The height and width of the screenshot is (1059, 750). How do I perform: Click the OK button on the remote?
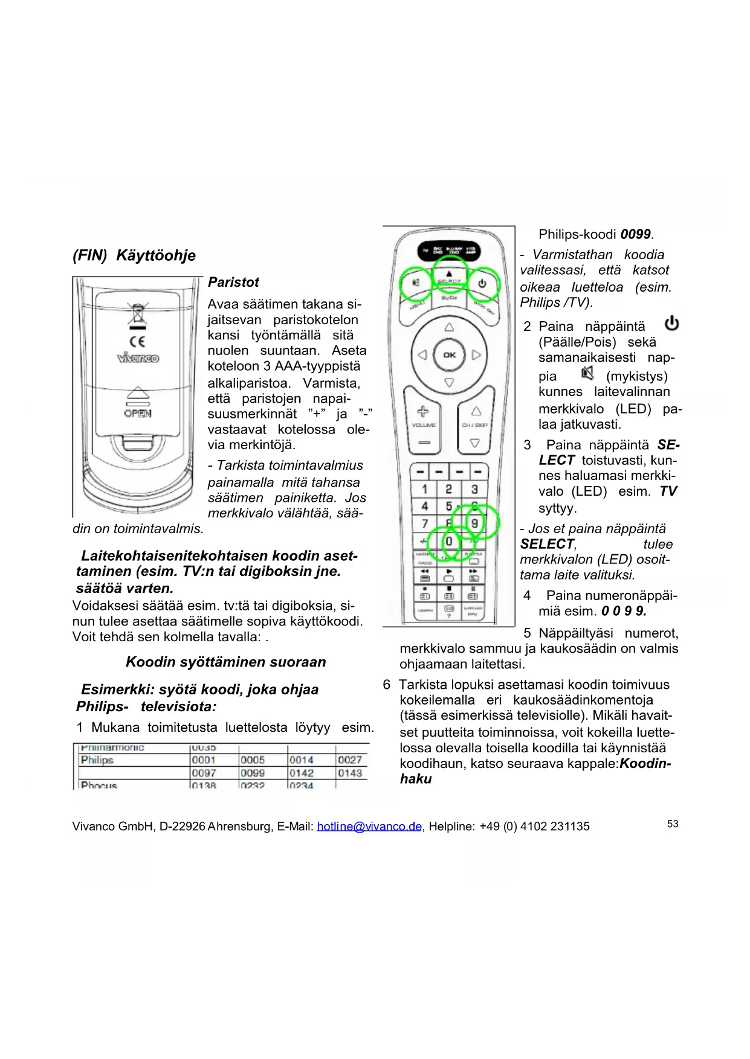point(449,355)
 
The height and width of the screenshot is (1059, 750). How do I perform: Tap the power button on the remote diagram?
point(482,283)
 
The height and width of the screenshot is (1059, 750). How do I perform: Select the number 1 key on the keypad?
point(425,489)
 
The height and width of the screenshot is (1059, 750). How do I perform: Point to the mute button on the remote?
point(416,283)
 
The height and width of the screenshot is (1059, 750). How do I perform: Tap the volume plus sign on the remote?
point(423,412)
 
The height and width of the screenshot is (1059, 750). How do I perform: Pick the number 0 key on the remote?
point(449,541)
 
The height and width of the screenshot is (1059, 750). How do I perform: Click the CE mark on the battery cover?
point(138,341)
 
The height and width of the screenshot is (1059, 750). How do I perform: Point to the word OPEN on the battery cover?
point(138,414)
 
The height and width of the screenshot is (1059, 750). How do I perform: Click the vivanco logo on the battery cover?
point(138,358)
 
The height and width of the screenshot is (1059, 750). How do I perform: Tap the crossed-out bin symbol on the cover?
point(138,314)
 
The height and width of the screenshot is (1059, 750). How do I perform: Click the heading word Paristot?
point(233,283)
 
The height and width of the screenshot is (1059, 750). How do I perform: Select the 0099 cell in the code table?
point(253,773)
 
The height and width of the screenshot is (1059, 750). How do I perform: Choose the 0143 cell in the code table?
point(350,773)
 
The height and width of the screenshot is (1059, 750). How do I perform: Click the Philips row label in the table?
point(97,760)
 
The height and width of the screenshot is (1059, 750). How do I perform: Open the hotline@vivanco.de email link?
point(369,827)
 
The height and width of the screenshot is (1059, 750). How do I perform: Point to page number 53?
point(673,824)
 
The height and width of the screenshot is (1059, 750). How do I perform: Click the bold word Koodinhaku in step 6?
point(645,764)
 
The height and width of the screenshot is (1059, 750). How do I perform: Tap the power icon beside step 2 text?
point(671,324)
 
